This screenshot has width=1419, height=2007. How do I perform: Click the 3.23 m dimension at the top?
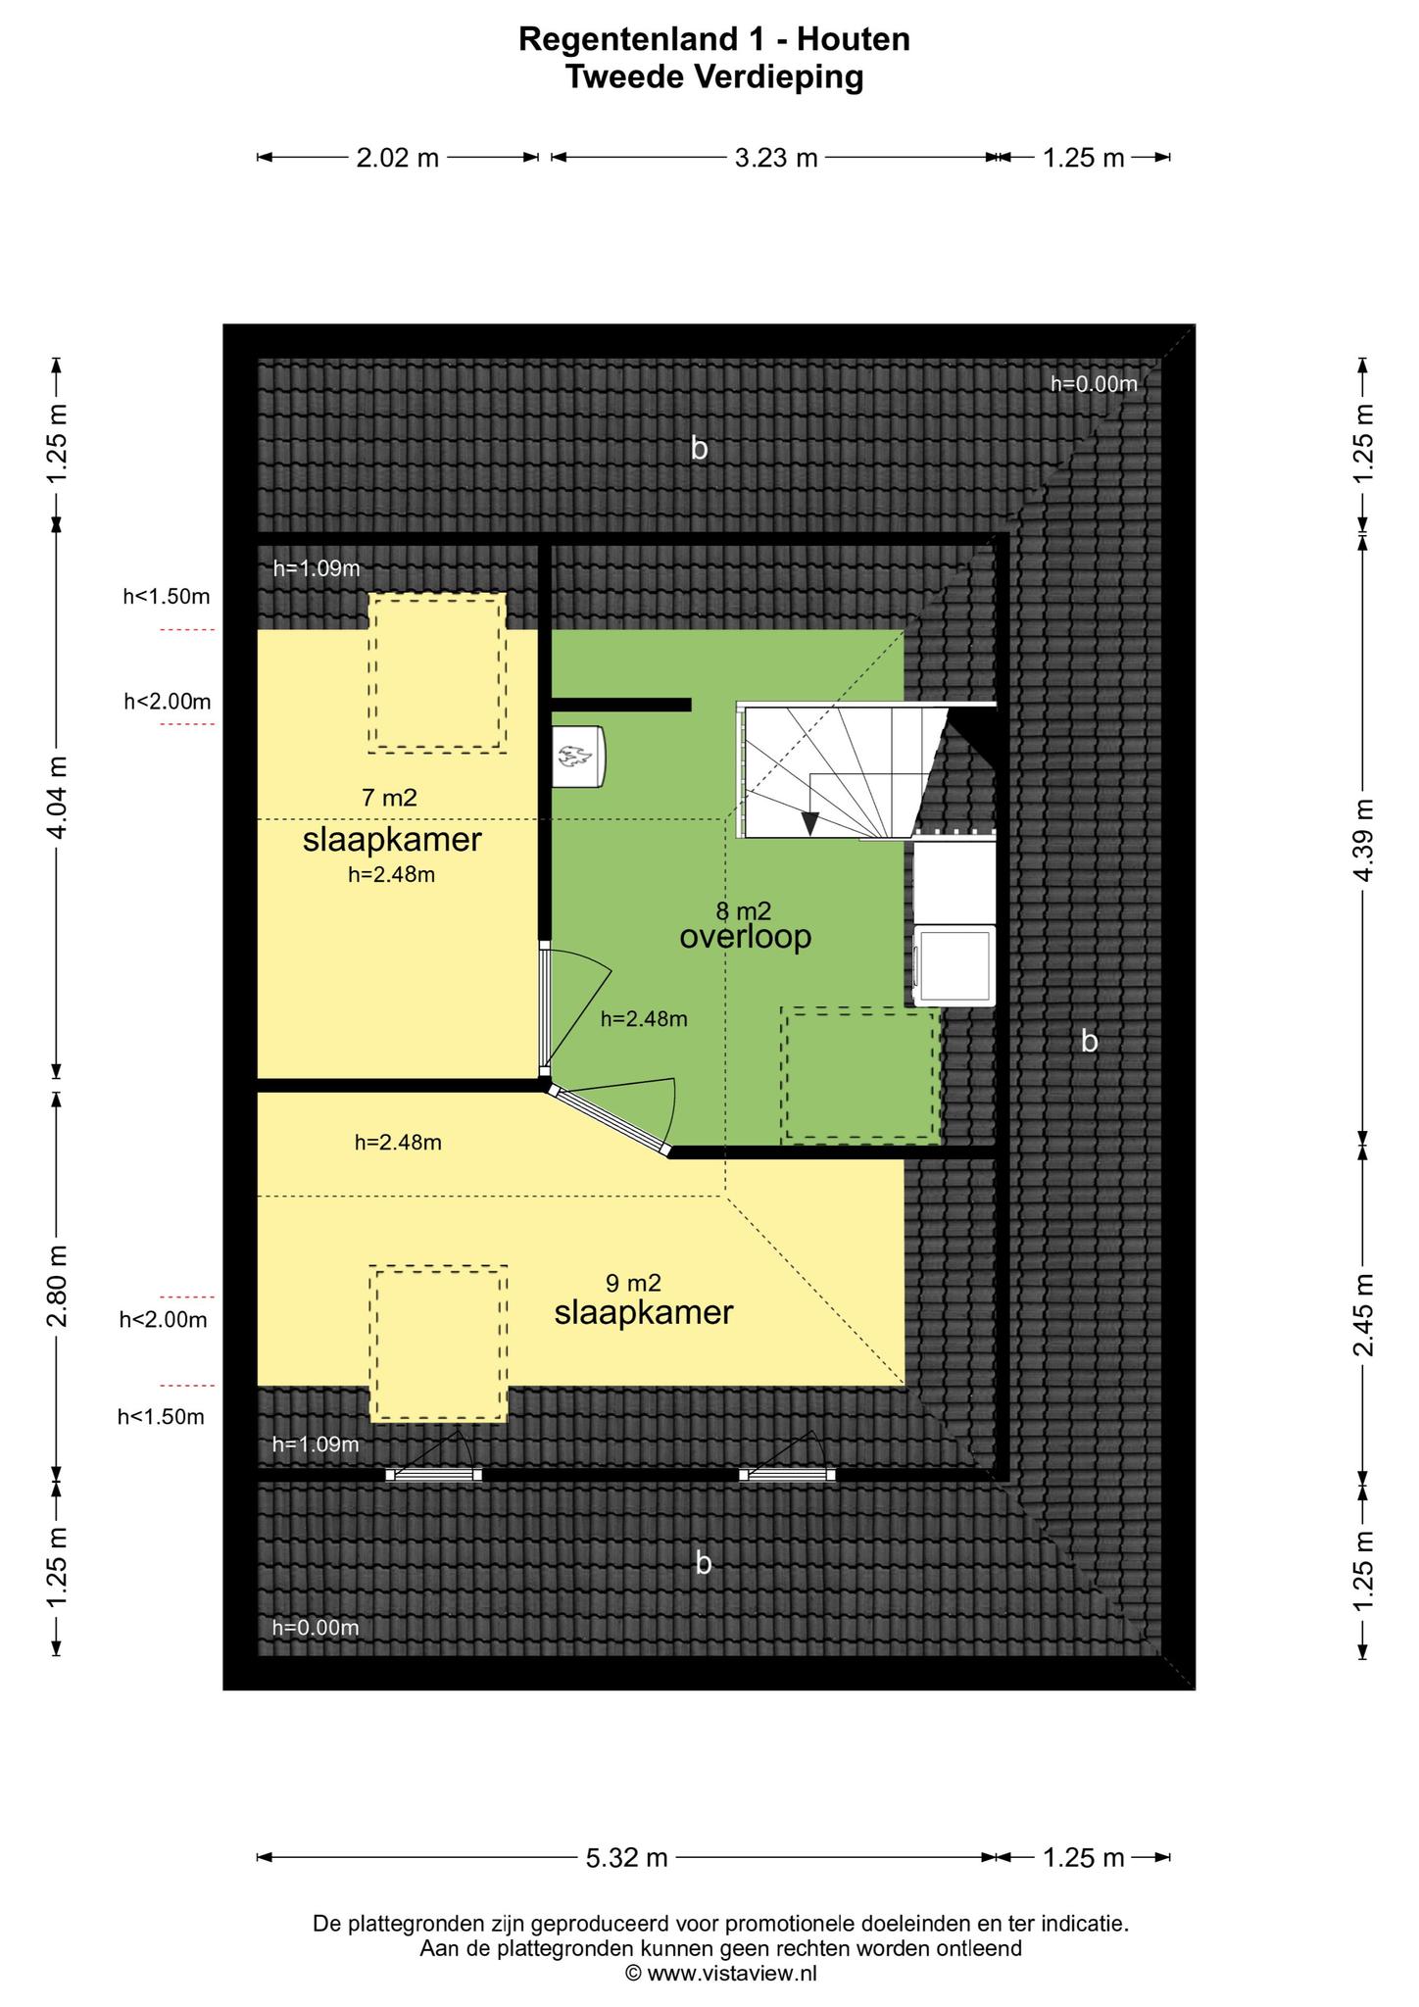pos(776,158)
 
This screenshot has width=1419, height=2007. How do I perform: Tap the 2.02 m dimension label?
pos(397,158)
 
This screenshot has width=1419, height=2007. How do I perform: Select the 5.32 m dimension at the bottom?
pos(627,1857)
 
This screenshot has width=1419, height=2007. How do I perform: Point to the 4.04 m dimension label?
pos(59,798)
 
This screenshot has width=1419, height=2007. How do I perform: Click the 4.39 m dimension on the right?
pos(1363,840)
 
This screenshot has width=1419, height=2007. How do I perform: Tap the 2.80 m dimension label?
pos(59,1286)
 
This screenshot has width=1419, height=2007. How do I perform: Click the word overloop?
pos(746,937)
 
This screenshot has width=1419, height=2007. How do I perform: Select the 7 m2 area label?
pos(389,798)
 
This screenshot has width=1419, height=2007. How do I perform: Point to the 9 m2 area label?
pos(633,1283)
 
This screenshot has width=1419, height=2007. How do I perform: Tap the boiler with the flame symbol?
pos(578,756)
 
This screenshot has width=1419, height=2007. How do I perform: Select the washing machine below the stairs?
pos(954,966)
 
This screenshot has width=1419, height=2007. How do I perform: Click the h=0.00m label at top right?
pos(1094,384)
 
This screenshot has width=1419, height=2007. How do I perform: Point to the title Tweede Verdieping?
pos(714,76)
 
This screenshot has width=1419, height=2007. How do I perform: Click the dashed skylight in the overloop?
pos(860,1076)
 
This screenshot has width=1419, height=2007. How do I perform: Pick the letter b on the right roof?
pos(1089,1041)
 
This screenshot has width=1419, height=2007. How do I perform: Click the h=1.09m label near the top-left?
pos(317,567)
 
